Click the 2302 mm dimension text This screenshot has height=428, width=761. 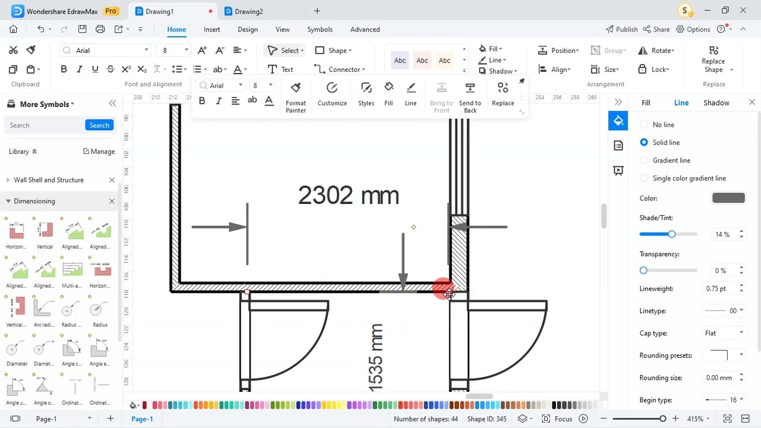point(348,196)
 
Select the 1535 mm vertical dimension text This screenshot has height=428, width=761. point(376,358)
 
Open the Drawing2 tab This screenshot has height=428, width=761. point(248,11)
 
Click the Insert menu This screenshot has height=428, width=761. point(212,29)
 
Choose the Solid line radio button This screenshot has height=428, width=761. point(644,143)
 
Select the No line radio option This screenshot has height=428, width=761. point(644,125)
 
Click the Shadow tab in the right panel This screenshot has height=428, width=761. point(716,103)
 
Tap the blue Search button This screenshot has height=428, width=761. point(99,125)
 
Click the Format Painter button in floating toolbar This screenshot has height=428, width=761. point(295,97)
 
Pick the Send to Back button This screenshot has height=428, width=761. point(470,97)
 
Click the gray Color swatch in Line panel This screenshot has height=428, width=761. point(728,198)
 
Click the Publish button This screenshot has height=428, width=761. point(621,29)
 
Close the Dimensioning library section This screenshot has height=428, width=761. point(112,201)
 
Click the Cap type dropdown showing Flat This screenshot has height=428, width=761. point(724,333)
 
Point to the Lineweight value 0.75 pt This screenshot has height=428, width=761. point(716,288)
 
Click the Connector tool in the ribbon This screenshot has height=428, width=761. point(338,70)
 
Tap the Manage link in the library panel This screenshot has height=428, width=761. point(99,152)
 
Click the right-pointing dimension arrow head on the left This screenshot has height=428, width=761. point(237,226)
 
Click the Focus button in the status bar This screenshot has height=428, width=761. point(557,418)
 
